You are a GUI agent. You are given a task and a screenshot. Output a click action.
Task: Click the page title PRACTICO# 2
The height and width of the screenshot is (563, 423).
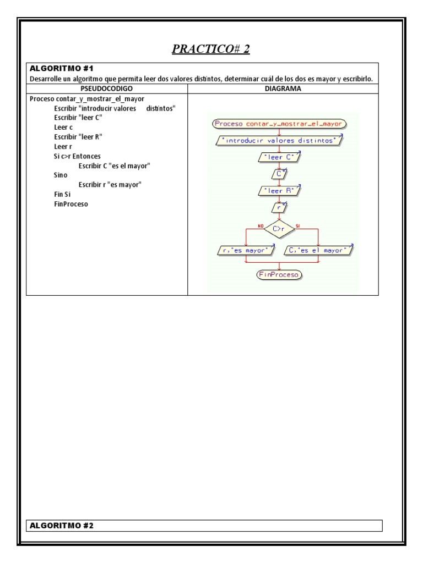click(211, 49)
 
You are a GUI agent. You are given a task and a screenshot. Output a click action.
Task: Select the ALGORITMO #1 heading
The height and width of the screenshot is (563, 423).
click(62, 69)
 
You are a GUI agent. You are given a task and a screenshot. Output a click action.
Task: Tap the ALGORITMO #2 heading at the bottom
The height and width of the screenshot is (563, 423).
click(62, 526)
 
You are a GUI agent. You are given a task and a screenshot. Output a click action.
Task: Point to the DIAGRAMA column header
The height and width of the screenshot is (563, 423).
click(283, 88)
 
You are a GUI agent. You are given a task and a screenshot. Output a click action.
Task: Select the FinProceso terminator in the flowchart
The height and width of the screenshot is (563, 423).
click(279, 274)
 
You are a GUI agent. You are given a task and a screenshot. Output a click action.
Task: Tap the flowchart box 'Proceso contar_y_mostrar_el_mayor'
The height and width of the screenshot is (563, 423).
click(279, 124)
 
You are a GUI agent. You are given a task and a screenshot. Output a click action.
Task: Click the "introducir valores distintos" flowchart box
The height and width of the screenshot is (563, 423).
click(279, 141)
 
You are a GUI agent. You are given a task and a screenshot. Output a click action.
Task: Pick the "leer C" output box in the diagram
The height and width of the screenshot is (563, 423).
click(279, 158)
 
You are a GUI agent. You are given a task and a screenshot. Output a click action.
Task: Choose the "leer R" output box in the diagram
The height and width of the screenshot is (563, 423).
click(279, 191)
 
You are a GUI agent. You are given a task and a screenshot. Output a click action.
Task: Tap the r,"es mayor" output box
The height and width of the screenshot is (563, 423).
click(246, 251)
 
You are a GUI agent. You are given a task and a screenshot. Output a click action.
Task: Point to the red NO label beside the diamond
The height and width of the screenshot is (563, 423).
click(261, 225)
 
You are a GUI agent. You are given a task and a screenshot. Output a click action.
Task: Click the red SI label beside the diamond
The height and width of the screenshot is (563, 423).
click(298, 225)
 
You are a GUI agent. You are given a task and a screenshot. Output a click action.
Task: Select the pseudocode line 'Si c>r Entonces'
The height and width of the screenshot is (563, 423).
click(77, 156)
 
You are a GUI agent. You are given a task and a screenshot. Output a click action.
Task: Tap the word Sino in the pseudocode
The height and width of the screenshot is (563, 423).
click(61, 175)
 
